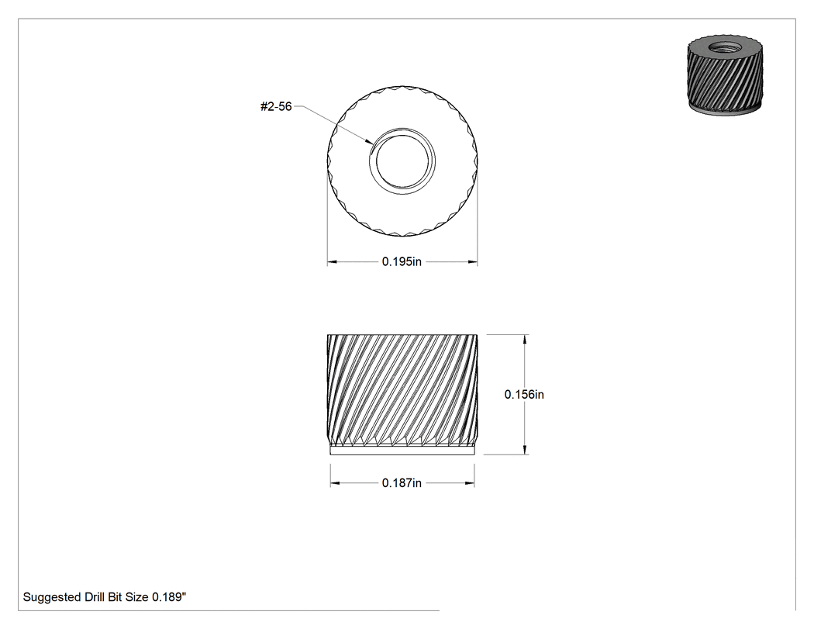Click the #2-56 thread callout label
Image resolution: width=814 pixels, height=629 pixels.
pyautogui.click(x=276, y=106)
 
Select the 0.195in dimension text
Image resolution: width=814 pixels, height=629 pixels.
pyautogui.click(x=402, y=262)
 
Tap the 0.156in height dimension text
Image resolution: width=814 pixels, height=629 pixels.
pyautogui.click(x=524, y=395)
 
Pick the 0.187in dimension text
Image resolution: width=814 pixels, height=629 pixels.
pyautogui.click(x=402, y=483)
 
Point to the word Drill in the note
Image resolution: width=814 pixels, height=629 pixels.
pyautogui.click(x=95, y=597)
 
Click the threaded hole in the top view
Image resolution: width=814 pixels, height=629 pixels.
pyautogui.click(x=402, y=161)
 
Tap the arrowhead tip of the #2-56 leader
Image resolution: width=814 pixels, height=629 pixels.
pyautogui.click(x=371, y=143)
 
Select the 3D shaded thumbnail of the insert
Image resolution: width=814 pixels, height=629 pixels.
pyautogui.click(x=725, y=75)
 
